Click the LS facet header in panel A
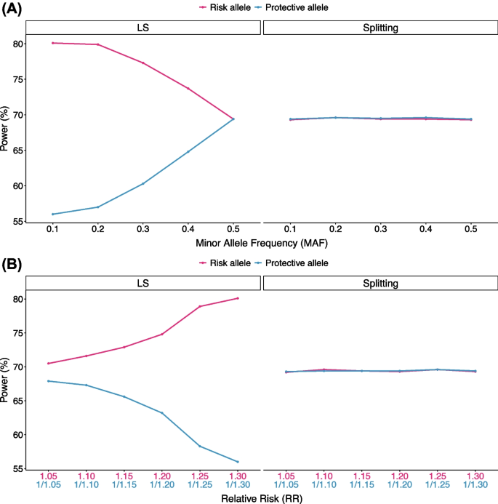click(143, 27)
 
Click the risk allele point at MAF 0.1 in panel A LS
click(52, 43)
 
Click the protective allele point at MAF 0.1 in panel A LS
click(52, 214)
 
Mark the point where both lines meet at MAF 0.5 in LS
click(233, 119)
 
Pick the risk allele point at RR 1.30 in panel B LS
click(238, 298)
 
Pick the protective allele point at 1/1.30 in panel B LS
click(238, 462)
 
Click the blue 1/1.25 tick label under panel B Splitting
click(437, 485)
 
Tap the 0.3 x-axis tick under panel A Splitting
click(380, 228)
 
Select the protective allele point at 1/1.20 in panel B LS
click(162, 413)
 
